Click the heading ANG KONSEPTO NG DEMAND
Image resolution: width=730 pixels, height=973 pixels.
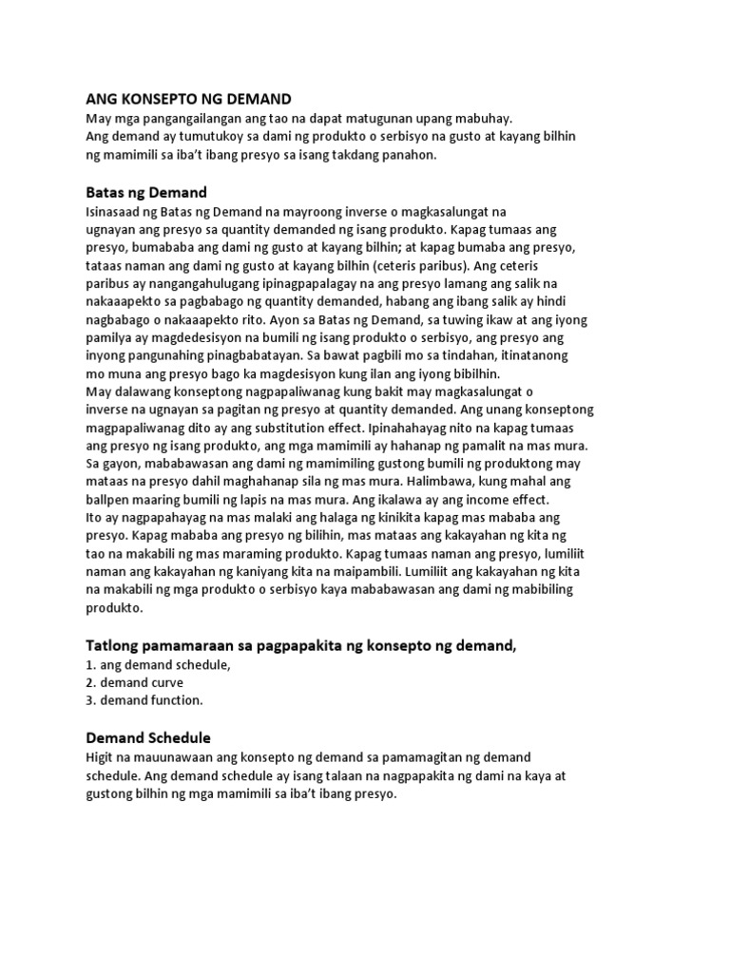[x=189, y=99]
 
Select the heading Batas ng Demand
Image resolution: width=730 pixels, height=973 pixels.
[x=146, y=192]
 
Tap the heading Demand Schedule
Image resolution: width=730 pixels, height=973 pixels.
[x=148, y=737]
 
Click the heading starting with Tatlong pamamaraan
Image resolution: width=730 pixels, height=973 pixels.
[x=301, y=646]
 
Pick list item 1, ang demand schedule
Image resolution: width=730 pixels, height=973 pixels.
[x=159, y=665]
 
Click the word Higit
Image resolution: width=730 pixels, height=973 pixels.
[x=101, y=756]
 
